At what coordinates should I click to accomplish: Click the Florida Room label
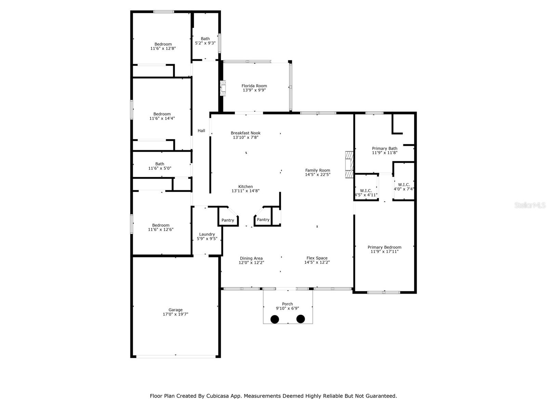[x=254, y=86]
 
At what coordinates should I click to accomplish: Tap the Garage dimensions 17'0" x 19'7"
[x=175, y=314]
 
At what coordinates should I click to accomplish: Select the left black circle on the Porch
[x=275, y=319]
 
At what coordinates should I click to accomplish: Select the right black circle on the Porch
[x=301, y=319]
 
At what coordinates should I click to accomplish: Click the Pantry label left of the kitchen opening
[x=228, y=220]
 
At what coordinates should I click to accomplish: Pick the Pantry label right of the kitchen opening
[x=263, y=220]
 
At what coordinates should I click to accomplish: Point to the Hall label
[x=201, y=131]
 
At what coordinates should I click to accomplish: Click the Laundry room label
[x=207, y=234]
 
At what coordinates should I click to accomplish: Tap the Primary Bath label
[x=385, y=148]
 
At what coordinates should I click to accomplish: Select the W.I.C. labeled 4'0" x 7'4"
[x=404, y=187]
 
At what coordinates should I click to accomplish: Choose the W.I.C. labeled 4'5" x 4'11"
[x=366, y=193]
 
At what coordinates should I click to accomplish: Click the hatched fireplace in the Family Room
[x=349, y=165]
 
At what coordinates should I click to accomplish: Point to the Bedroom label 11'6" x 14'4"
[x=162, y=114]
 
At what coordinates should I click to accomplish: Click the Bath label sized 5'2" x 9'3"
[x=205, y=39]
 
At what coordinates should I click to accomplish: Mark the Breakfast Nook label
[x=245, y=133]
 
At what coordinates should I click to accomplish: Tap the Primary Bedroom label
[x=384, y=247]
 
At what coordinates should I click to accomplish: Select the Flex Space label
[x=317, y=258]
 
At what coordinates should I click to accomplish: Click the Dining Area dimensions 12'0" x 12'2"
[x=251, y=263]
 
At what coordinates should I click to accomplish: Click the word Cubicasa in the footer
[x=218, y=396]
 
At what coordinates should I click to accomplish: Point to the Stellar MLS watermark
[x=530, y=205]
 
